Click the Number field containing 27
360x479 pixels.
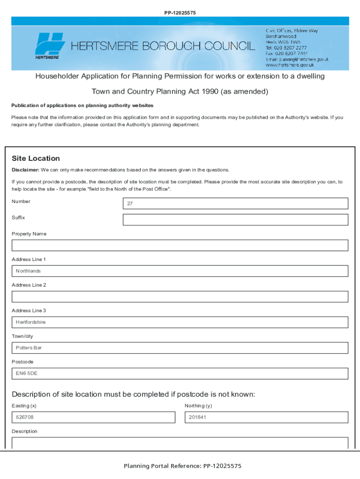(235, 203)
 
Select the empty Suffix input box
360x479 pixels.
(235, 220)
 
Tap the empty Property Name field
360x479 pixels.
(180, 245)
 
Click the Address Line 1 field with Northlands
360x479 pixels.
(180, 271)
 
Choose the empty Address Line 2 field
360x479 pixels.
(180, 297)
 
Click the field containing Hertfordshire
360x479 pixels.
(180, 322)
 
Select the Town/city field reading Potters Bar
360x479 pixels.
(180, 348)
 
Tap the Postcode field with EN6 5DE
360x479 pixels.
(180, 373)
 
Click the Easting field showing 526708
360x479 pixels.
(93, 417)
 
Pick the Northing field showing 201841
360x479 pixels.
(266, 417)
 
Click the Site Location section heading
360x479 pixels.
(36, 159)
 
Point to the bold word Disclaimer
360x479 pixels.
(25, 170)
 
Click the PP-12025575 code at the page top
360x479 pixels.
(180, 13)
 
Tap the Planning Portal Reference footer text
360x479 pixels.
(182, 466)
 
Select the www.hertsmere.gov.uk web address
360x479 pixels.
(290, 65)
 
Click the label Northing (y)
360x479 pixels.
(198, 406)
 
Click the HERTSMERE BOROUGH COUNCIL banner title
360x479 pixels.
(163, 46)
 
